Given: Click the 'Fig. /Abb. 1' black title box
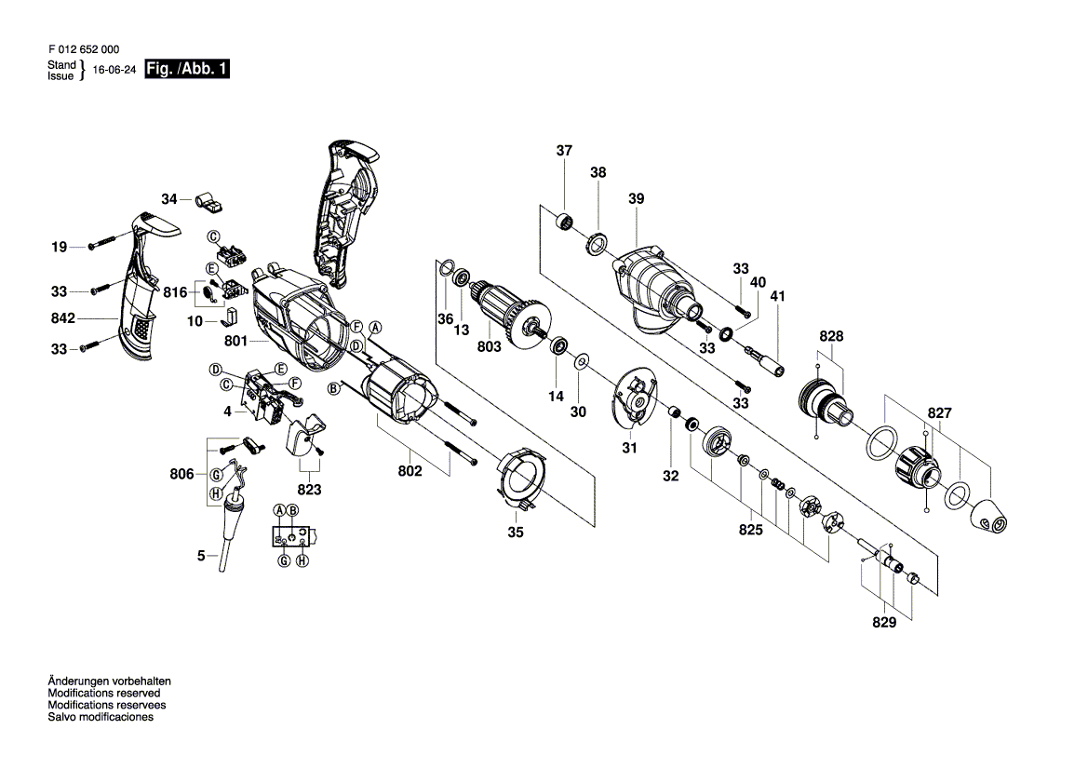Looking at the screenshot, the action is tap(187, 69).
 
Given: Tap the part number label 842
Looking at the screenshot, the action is tap(62, 317).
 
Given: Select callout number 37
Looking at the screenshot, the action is tap(564, 150).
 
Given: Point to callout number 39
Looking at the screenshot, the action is tap(637, 198).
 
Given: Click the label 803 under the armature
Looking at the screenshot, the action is tap(489, 346).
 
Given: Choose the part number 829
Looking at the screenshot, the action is tap(884, 622).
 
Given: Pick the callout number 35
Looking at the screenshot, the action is tap(515, 533).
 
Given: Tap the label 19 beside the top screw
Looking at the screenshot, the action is tap(59, 247).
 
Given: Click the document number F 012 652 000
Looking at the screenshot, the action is tap(84, 49).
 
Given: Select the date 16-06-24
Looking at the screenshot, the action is tap(114, 70).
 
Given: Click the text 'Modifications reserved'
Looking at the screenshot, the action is tap(104, 693).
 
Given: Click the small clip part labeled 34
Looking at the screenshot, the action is tap(208, 200).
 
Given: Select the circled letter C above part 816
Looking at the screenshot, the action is tap(214, 237).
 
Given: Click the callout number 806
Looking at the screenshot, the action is tap(181, 474).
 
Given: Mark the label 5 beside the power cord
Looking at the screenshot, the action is tap(201, 555).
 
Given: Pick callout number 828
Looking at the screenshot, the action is tap(830, 336).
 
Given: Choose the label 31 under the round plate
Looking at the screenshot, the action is tap(629, 448).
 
